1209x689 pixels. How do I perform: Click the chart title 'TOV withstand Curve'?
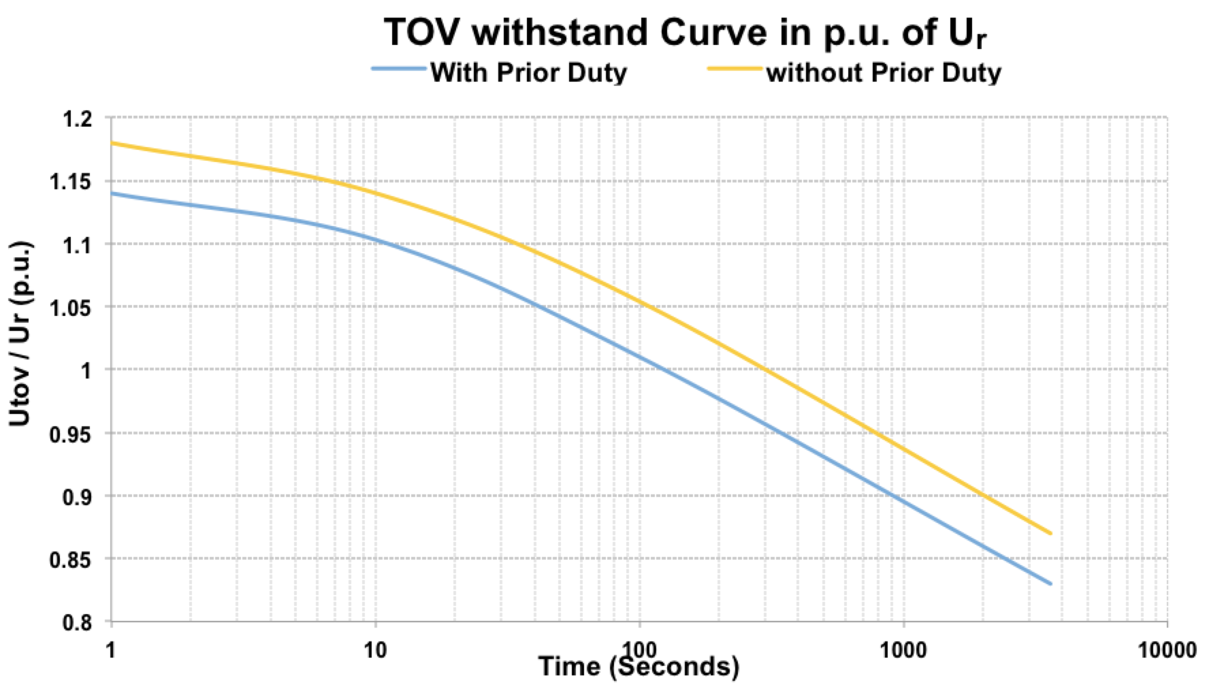coord(685,33)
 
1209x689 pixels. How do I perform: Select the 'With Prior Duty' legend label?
coord(528,72)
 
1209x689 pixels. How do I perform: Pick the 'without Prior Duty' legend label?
coord(884,72)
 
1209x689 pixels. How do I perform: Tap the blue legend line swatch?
coord(399,69)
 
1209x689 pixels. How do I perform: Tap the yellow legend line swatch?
coord(735,69)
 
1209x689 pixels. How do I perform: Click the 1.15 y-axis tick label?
coord(74,182)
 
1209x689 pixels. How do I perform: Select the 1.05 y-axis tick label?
coord(74,308)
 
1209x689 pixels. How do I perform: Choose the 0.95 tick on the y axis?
coord(74,434)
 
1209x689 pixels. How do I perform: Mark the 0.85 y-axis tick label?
coord(74,560)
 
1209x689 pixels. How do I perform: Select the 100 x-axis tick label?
coord(639,650)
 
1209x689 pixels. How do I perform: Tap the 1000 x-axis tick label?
coord(903,650)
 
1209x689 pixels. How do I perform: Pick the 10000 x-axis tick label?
coord(1167,650)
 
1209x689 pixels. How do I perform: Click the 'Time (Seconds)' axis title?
coord(639,667)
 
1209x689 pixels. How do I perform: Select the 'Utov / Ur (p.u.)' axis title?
coord(20,333)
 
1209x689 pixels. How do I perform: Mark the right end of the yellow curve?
coord(1051,533)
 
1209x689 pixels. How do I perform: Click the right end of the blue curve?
coord(1051,583)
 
